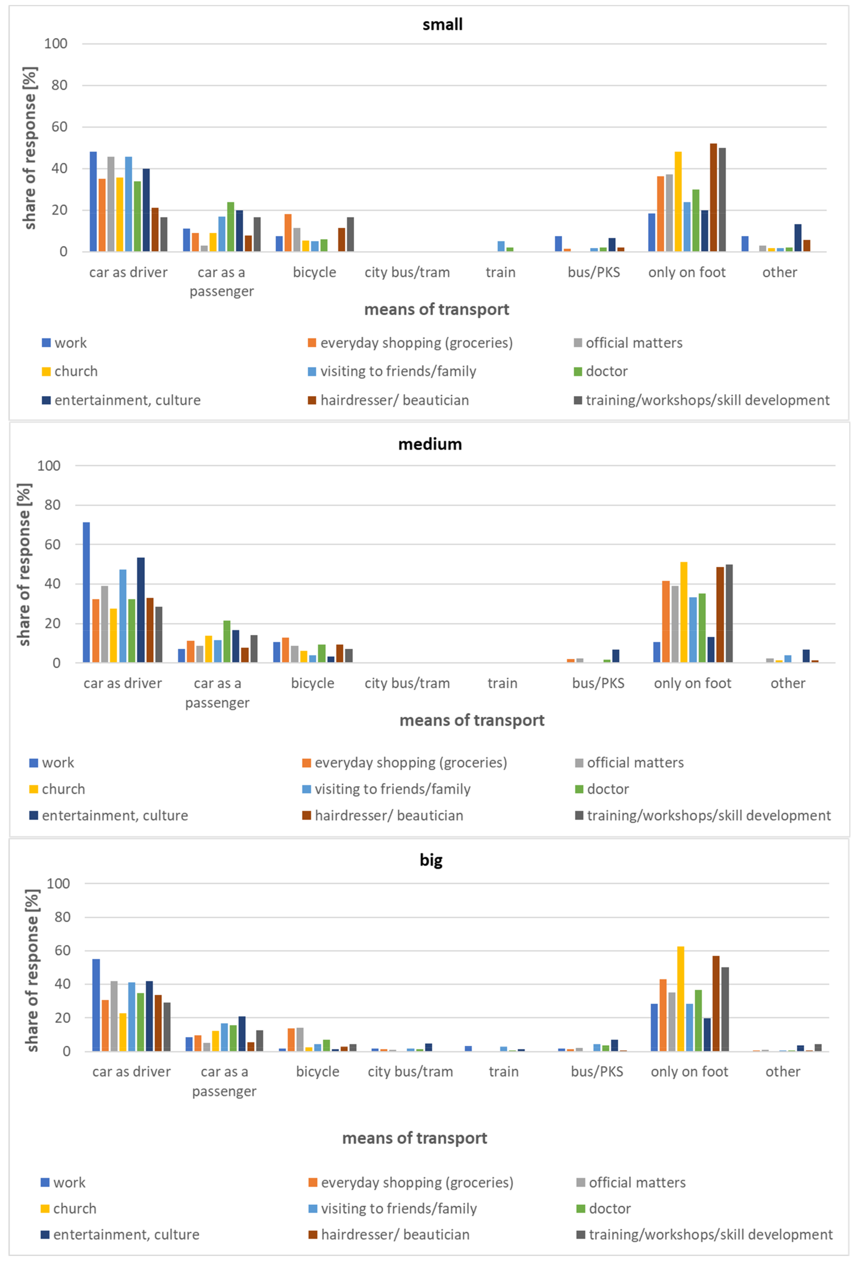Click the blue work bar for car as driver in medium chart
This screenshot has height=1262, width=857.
86,592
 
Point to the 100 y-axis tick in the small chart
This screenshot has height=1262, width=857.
56,43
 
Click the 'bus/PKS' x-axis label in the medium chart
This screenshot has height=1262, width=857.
598,683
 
